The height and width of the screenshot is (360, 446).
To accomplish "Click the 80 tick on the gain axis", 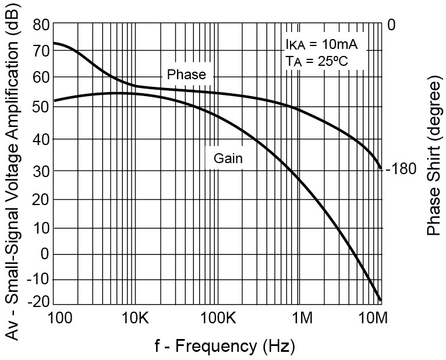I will pos(41,25).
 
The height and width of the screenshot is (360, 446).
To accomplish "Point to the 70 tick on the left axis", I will pos(41,51).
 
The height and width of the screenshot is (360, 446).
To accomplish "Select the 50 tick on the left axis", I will pos(41,108).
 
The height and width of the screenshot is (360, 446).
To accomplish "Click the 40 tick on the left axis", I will pos(41,139).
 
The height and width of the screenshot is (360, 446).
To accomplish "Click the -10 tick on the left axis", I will pos(38,280).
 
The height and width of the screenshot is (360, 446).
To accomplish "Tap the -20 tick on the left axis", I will pos(38,302).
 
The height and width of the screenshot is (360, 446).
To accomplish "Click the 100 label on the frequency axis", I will pos(59,319).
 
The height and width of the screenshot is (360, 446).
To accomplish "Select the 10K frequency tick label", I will pos(136,319).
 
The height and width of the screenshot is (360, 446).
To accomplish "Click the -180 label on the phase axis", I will pos(401,170).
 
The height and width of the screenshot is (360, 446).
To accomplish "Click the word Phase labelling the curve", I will pos(186,75).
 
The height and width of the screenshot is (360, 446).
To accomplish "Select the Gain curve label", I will pos(228,158).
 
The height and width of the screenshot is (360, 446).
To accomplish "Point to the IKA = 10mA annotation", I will pos(321,45).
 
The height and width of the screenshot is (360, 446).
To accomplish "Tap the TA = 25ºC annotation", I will pos(317,61).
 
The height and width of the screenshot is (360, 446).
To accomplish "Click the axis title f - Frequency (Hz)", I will pos(225,347).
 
